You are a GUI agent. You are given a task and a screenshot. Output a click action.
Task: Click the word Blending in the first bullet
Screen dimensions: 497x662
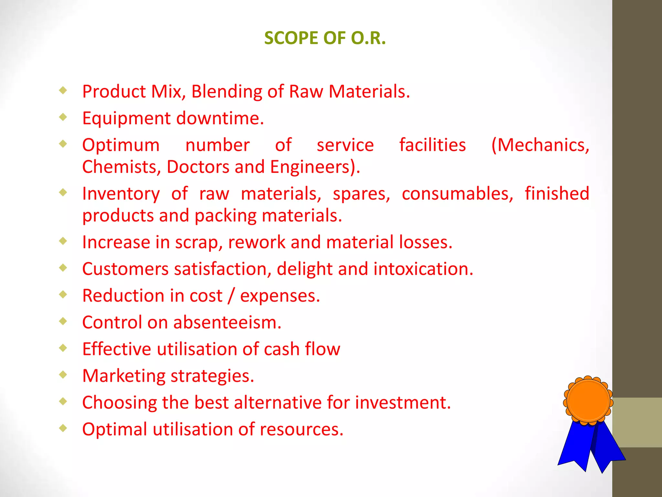point(227,92)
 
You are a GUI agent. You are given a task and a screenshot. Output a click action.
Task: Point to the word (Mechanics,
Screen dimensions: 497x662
point(540,145)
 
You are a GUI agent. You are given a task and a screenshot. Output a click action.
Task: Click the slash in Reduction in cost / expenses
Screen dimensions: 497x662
point(231,296)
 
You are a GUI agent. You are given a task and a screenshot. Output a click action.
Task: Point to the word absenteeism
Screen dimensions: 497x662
point(227,323)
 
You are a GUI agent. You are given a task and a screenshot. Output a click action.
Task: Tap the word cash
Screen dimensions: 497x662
point(282,349)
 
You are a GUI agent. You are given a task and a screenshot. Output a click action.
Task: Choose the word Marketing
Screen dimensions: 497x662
point(123,376)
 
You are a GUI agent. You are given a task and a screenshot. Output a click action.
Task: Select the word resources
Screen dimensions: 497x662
point(301,430)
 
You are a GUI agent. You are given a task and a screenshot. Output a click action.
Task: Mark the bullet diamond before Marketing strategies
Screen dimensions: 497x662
point(63,375)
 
